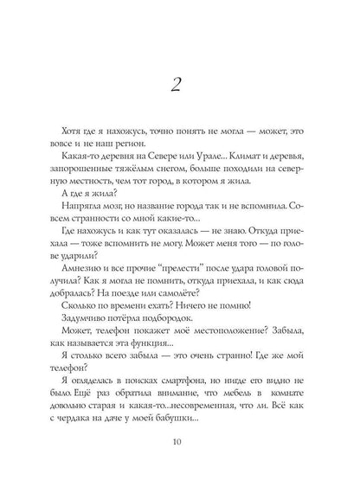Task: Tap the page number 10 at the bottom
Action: click(x=180, y=445)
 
